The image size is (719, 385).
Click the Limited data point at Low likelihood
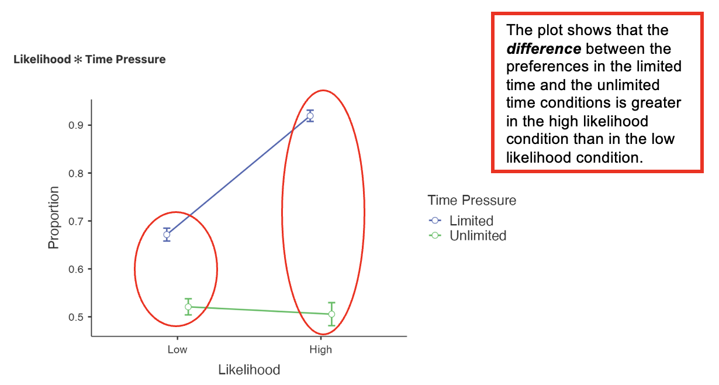tap(167, 235)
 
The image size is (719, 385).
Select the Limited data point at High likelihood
tap(310, 116)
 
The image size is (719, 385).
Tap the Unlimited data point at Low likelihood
tap(188, 307)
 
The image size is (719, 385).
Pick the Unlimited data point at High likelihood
tap(331, 314)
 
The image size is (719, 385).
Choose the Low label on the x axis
tap(177, 350)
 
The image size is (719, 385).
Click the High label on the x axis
tap(321, 350)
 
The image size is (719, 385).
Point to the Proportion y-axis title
tap(54, 218)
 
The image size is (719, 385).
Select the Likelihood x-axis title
tap(249, 370)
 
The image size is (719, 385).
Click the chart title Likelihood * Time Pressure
tap(89, 59)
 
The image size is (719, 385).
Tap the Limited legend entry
tap(471, 221)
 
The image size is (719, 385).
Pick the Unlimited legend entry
tap(478, 236)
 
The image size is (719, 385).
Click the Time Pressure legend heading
tap(472, 200)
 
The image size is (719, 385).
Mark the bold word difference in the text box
tap(544, 49)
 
